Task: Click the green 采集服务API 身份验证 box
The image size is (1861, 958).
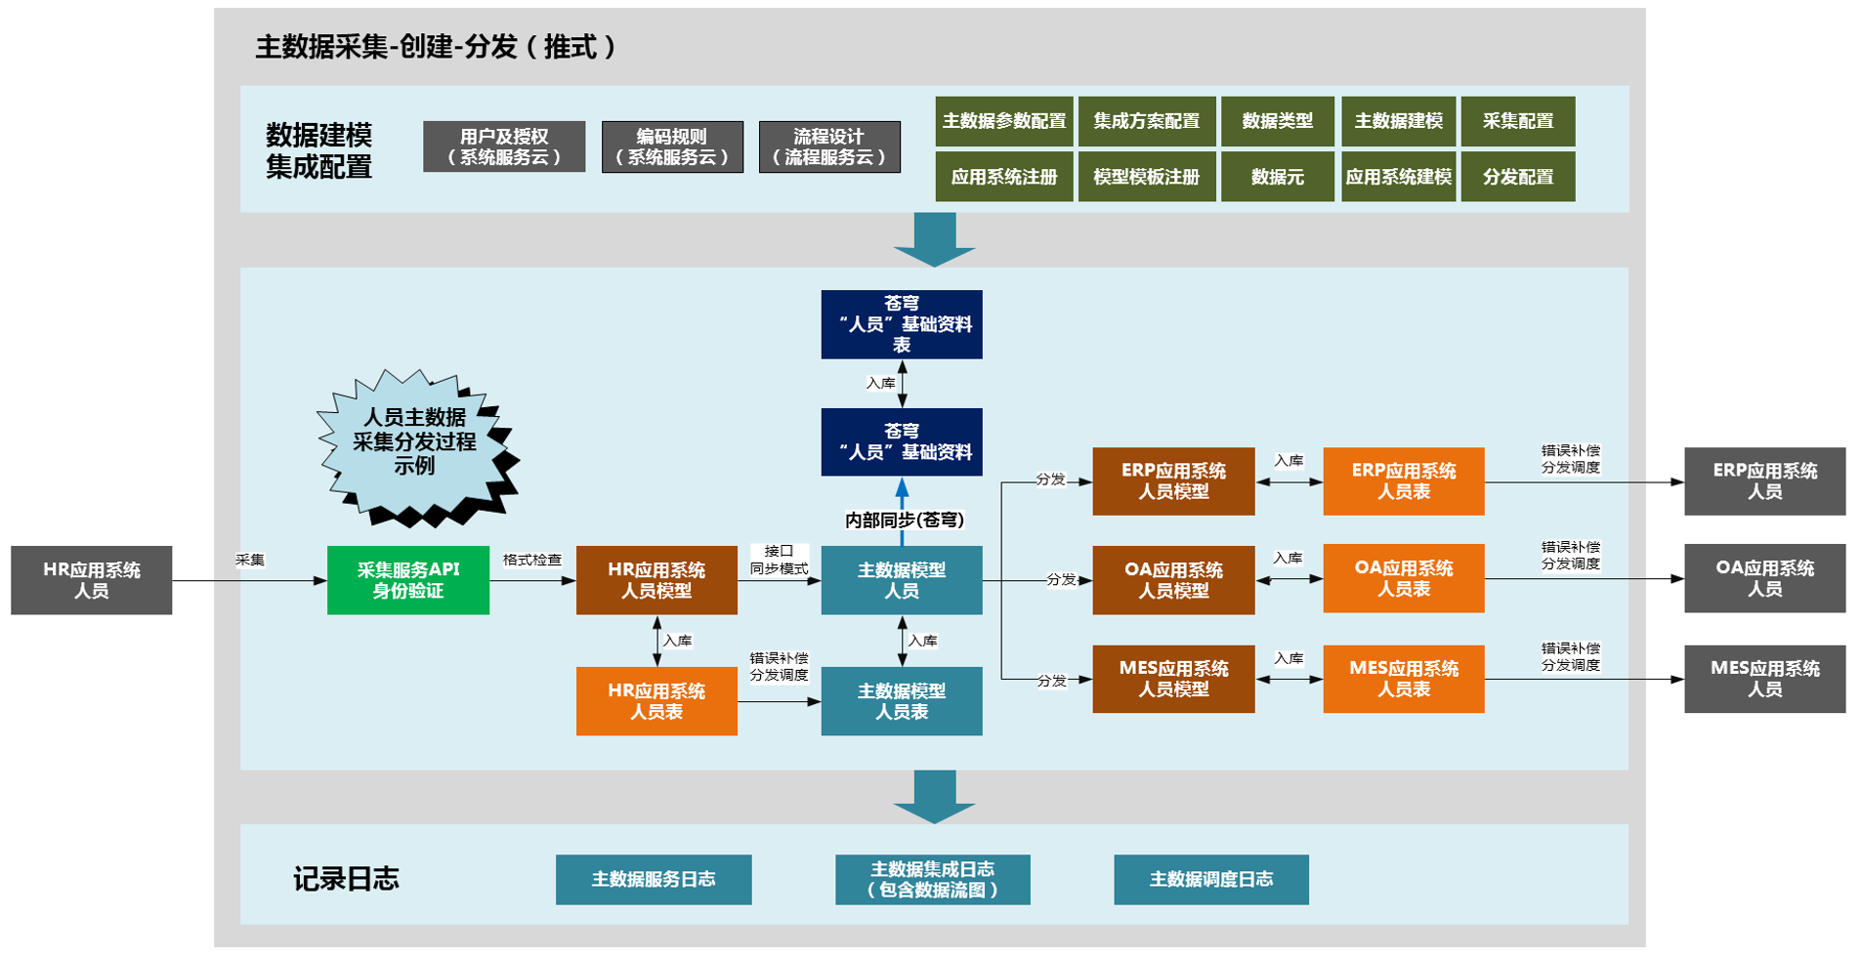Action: tap(407, 580)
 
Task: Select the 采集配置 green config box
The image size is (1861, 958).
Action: tap(1517, 121)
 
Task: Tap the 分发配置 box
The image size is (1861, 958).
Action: tap(1517, 177)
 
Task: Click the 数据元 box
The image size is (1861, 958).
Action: tap(1277, 177)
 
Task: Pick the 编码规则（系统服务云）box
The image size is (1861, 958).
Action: tap(672, 146)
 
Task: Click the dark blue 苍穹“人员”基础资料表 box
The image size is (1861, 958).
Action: tap(901, 324)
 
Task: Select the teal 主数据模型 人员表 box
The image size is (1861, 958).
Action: tap(901, 701)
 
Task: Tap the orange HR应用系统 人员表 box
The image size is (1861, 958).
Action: tap(656, 701)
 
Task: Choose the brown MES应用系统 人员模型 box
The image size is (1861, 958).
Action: tap(1173, 679)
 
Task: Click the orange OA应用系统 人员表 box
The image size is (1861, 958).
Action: tap(1403, 578)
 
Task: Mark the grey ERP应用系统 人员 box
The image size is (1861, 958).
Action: tap(1764, 481)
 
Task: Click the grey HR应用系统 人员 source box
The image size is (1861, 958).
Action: tap(91, 580)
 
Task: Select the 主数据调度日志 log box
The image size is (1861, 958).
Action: tap(1210, 879)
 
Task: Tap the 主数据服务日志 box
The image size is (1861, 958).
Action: tap(654, 879)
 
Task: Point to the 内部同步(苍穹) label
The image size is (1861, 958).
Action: tap(905, 521)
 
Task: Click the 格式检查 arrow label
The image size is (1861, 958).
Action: tap(532, 560)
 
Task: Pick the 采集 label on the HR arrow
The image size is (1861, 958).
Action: tap(250, 560)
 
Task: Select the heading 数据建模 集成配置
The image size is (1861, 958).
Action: tap(318, 150)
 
